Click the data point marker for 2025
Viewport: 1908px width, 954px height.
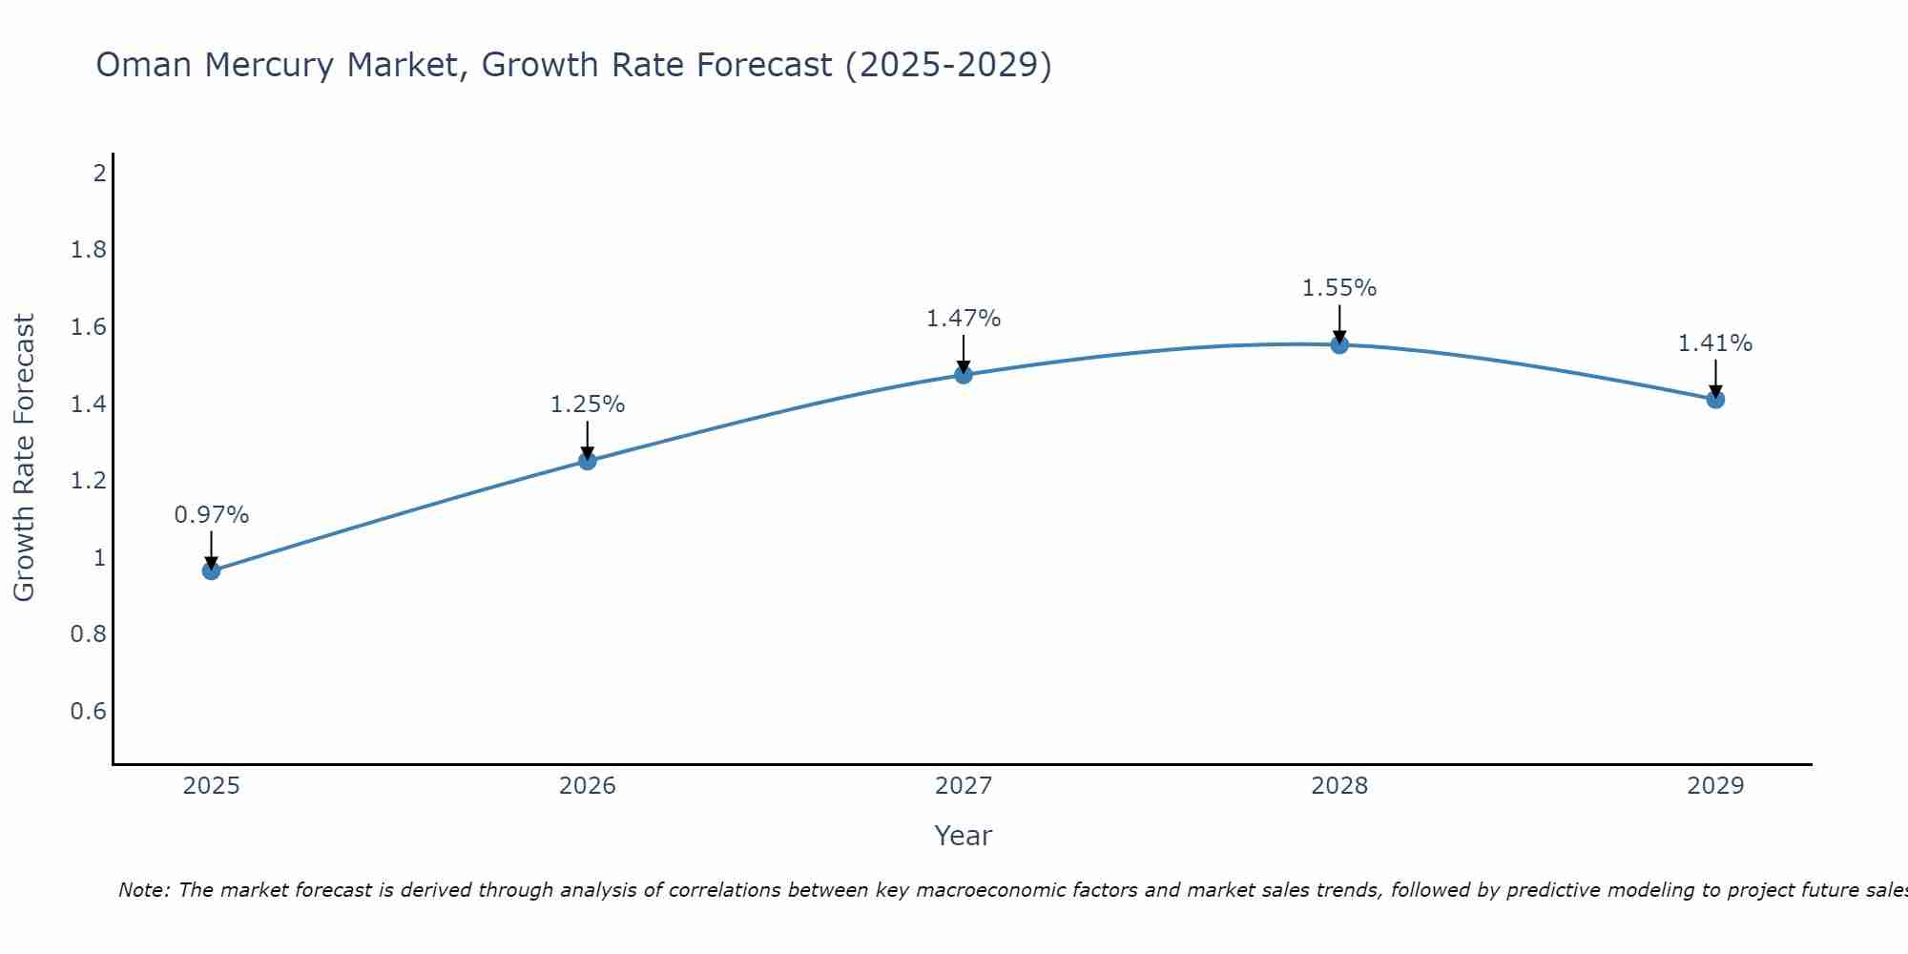[x=211, y=570]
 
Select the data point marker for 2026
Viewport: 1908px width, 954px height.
[x=588, y=461]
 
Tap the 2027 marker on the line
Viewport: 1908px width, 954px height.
[x=964, y=375]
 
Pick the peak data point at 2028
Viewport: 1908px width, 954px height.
[x=1339, y=344]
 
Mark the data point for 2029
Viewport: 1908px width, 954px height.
[x=1715, y=399]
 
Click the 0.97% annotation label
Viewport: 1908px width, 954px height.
[x=211, y=515]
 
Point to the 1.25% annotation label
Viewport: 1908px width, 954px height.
[x=588, y=404]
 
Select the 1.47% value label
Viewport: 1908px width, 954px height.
[x=964, y=319]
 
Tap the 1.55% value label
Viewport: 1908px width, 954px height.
[x=1339, y=288]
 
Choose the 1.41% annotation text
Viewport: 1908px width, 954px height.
[x=1715, y=343]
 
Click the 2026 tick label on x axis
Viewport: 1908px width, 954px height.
[x=588, y=786]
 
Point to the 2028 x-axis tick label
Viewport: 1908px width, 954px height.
[x=1339, y=786]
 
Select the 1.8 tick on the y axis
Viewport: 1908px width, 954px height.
[x=88, y=251]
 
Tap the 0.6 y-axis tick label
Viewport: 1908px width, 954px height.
[x=88, y=712]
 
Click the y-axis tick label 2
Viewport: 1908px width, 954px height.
[x=99, y=174]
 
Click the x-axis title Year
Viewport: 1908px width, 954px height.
[x=964, y=836]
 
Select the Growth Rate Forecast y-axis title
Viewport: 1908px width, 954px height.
[x=24, y=458]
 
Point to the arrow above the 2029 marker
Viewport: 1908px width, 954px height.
[x=1715, y=377]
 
